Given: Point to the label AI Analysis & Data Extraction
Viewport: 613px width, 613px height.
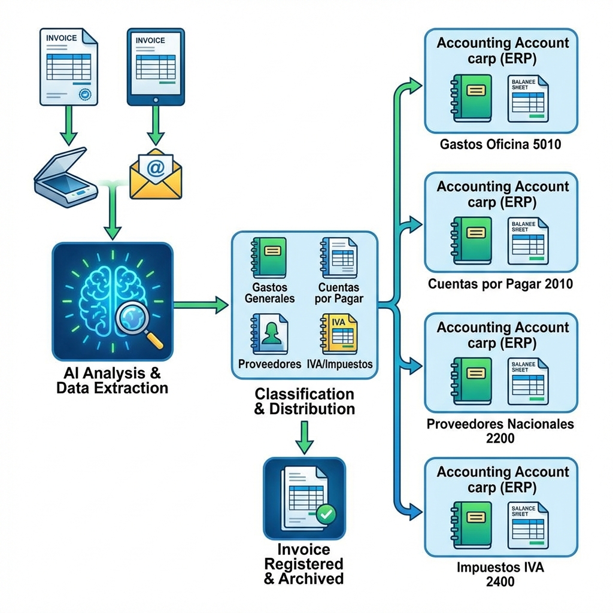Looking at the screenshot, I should pos(112,381).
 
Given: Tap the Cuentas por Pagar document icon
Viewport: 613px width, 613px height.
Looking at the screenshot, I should pos(339,256).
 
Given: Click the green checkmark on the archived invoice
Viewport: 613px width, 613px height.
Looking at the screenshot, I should pos(326,513).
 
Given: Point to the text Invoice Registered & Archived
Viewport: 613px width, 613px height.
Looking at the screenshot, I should pos(304,563).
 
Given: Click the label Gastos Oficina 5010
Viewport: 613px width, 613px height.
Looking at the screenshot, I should pos(500,144).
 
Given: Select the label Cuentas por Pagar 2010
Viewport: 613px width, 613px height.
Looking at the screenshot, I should pos(500,284).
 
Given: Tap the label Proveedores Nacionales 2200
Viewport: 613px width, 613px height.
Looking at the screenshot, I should pos(500,431).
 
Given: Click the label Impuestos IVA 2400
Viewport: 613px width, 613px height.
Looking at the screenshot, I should pos(500,574).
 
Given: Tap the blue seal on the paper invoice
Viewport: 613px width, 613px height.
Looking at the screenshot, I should pos(84,94).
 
